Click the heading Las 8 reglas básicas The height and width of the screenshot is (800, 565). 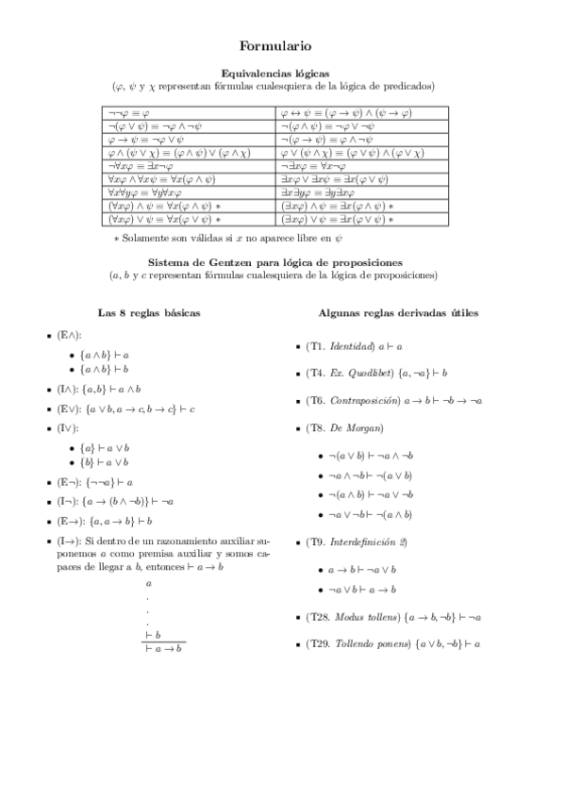tap(149, 312)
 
